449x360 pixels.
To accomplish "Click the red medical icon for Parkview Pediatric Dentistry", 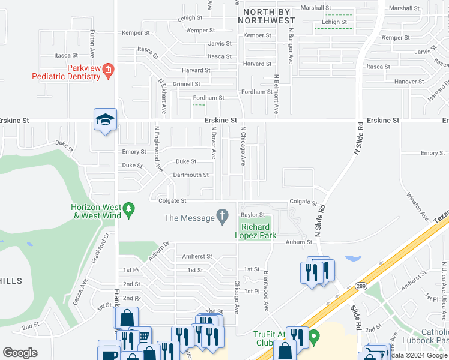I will coord(108,70).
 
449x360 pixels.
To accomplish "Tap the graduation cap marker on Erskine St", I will coord(104,120).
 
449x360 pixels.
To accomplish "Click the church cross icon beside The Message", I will coord(223,217).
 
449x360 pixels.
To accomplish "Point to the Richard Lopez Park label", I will coord(259,231).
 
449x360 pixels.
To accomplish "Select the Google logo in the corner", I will coord(20,352).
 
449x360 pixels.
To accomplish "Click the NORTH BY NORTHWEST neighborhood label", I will coord(266,16).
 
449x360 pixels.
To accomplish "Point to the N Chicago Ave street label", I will coord(243,145).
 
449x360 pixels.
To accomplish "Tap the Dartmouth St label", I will coord(190,175).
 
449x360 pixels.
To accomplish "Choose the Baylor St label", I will coord(253,214).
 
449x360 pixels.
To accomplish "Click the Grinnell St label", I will coord(186,85).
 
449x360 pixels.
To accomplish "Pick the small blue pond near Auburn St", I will coord(353,259).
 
